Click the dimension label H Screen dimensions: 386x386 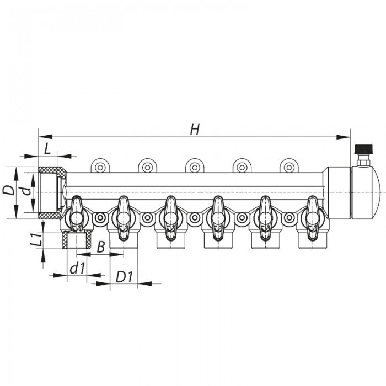[194, 129]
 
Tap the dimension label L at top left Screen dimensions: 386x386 [47, 148]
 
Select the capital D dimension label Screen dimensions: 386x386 [8, 190]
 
